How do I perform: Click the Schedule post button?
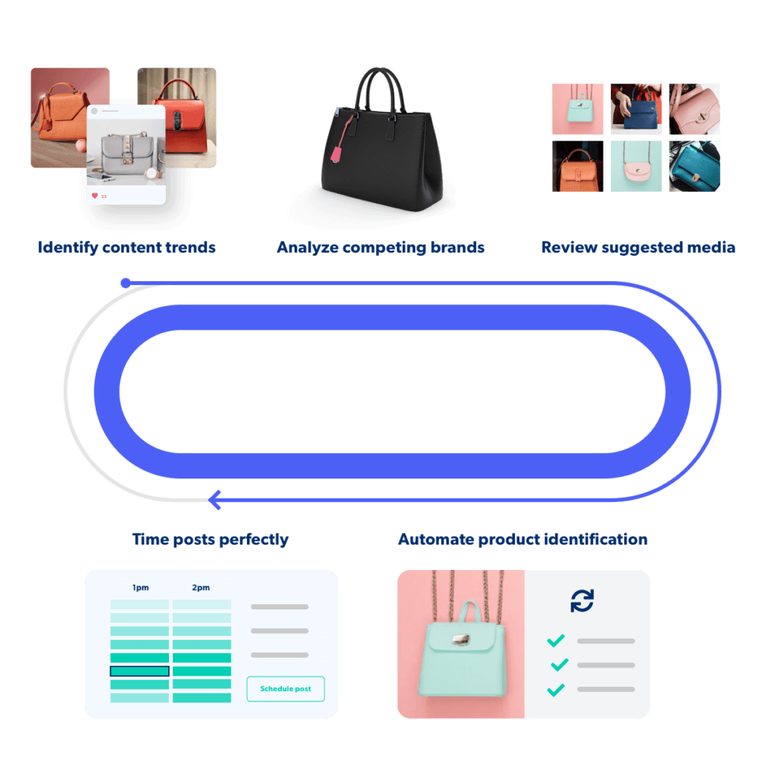285,689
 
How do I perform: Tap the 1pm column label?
140,588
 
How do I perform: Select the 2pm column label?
200,588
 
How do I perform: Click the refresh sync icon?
582,600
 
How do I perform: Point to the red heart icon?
95,196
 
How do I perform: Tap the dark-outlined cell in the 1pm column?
140,671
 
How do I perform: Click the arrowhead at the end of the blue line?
215,500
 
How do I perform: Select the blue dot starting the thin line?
126,283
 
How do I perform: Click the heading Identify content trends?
127,247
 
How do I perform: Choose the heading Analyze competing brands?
380,247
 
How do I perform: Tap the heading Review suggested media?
638,247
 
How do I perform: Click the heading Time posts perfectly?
211,539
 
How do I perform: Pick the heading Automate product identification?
522,539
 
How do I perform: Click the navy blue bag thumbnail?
636,109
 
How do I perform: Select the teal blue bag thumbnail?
695,166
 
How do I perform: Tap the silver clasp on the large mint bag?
461,639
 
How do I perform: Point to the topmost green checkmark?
556,641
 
